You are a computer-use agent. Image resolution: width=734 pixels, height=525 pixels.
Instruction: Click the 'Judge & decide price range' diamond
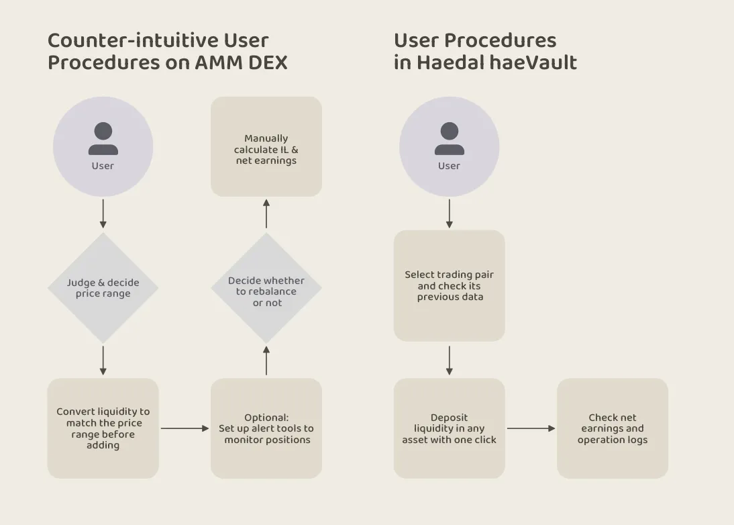click(103, 288)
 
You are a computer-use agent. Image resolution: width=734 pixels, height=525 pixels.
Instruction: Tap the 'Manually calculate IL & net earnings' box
click(266, 147)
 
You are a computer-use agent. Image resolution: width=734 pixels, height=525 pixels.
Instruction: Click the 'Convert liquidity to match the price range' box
click(103, 428)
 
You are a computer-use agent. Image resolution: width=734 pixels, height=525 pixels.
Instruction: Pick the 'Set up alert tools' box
click(266, 428)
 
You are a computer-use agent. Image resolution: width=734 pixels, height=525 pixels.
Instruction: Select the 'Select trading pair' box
click(449, 285)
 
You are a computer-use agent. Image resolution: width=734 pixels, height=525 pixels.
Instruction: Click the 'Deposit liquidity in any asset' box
click(449, 428)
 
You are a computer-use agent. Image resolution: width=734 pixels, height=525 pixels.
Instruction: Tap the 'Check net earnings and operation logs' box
click(613, 428)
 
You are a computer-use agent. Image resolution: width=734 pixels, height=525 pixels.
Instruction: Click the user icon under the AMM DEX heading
click(103, 139)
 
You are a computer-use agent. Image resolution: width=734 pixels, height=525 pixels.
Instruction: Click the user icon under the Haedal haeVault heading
click(449, 139)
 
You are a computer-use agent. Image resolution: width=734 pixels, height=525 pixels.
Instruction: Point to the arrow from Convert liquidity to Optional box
click(185, 428)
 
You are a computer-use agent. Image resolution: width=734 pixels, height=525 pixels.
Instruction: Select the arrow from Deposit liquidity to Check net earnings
click(531, 428)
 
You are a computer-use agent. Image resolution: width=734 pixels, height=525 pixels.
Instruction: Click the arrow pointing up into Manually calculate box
click(266, 214)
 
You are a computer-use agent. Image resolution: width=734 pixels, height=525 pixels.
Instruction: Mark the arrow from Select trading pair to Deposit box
click(449, 360)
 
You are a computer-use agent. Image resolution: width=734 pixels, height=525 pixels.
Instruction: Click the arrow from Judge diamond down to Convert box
click(103, 360)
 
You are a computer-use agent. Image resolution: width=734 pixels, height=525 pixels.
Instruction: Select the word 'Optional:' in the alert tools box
click(266, 418)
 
